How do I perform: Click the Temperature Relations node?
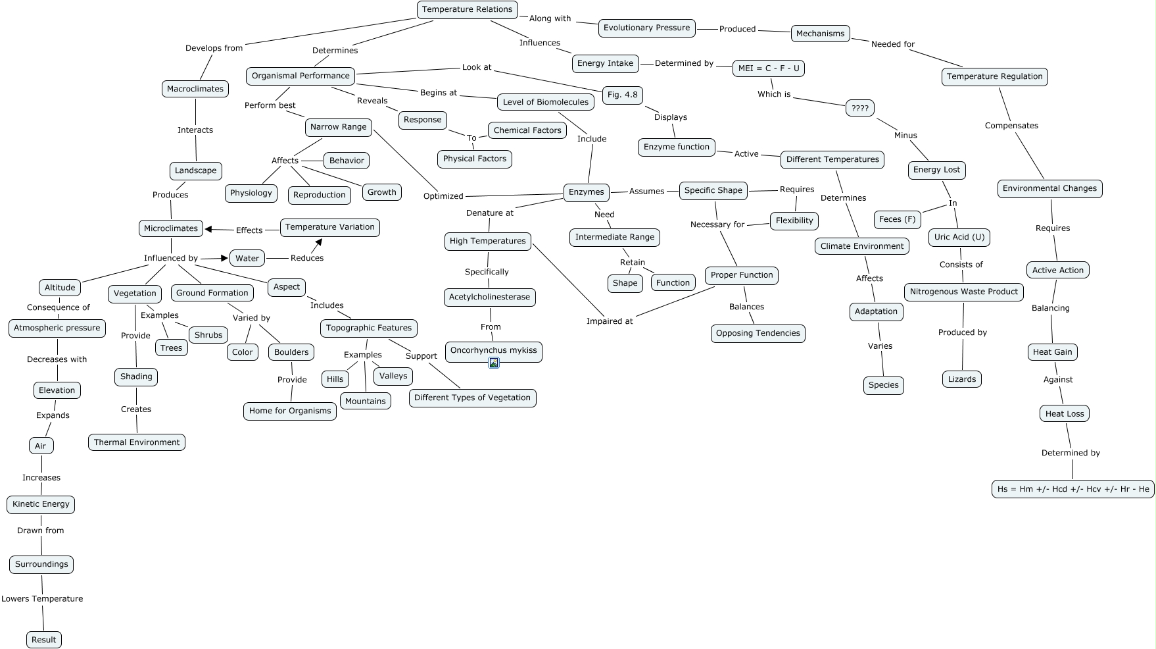467,9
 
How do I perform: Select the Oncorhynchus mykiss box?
493,350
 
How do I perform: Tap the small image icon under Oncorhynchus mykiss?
494,363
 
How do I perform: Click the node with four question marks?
859,108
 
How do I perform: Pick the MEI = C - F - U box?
769,68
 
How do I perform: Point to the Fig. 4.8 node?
622,95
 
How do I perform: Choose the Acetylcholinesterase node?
489,297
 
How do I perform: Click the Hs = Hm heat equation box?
1072,489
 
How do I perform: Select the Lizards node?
961,379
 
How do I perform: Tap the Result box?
44,640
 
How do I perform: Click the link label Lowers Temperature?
42,599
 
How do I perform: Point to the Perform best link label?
270,105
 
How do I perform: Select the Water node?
247,258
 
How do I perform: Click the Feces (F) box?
897,219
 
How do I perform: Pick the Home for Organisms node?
289,411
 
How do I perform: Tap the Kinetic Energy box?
41,504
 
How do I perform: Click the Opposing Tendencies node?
758,333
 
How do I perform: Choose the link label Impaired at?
610,321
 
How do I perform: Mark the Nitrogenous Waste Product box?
963,292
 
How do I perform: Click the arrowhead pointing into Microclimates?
208,229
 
